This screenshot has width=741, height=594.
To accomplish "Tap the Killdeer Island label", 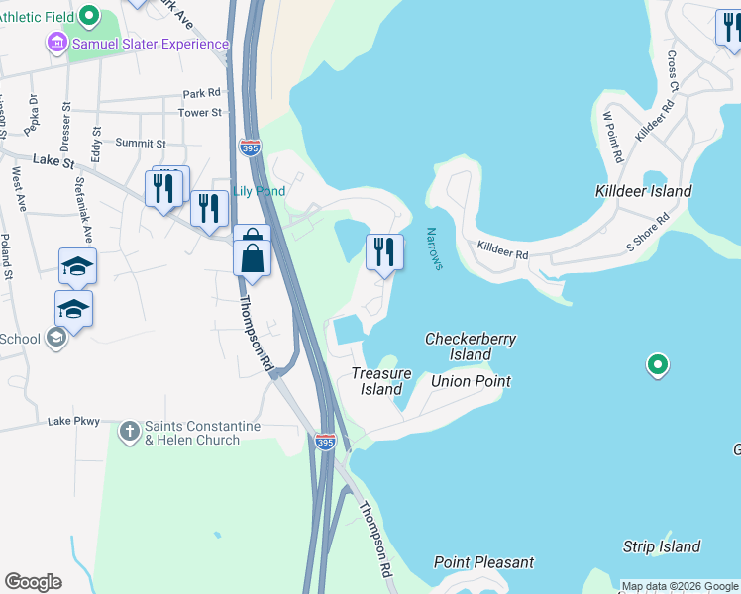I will click(643, 191).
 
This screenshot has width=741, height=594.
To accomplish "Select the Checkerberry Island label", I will click(471, 346).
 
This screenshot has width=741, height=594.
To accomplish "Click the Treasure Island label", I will click(381, 381).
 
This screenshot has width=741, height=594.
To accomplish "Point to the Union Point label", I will click(471, 381).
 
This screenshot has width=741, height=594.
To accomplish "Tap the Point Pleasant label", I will click(483, 562).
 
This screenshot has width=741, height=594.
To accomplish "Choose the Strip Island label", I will click(662, 546).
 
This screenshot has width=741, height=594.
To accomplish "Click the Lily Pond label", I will click(259, 191).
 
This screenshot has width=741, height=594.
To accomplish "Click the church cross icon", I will click(130, 432).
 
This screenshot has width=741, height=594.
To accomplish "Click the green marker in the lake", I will click(656, 365).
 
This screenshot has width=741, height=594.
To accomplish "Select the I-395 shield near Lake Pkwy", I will click(325, 442).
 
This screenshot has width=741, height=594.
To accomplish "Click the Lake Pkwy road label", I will click(74, 422).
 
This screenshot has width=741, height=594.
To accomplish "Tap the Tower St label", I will click(200, 113).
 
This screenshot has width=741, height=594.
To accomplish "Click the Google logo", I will click(33, 582).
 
